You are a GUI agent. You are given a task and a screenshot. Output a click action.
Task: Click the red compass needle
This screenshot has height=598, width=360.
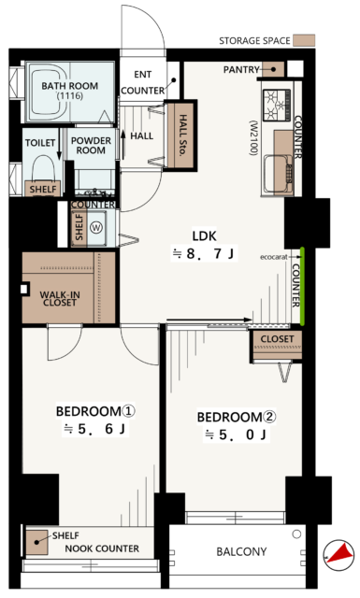point(340,553)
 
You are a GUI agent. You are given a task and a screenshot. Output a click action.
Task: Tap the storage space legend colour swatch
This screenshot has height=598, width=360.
point(304,40)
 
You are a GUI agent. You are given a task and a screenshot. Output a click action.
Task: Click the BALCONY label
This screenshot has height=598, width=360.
point(241,551)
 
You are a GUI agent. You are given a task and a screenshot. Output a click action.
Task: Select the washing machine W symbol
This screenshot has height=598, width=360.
point(95,228)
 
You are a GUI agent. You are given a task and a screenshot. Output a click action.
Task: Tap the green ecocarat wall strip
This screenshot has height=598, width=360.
point(302,287)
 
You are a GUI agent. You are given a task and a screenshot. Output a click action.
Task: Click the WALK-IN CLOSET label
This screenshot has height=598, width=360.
point(60,299)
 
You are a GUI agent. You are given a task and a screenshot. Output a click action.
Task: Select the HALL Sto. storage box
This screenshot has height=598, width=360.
point(180,135)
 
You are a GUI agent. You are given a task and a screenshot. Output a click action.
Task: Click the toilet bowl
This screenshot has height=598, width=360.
point(42,168)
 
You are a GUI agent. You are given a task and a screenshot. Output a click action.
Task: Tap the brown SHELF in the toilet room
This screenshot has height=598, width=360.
point(43,189)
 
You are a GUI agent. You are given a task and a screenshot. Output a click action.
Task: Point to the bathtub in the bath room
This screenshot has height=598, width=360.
point(50,92)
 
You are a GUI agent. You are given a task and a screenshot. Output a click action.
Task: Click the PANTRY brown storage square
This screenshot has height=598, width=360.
point(273,69)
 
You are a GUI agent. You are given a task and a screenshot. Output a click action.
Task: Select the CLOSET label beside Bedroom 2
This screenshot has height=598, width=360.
point(277,338)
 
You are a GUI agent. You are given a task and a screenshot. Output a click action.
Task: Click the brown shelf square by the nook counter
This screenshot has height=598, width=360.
point(37,542)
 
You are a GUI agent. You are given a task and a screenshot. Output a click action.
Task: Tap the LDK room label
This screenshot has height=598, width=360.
point(204,236)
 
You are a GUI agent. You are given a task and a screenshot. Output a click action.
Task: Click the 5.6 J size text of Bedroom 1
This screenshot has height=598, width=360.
point(95,429)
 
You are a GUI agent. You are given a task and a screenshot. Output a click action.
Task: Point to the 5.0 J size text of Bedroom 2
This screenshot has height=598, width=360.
point(237,434)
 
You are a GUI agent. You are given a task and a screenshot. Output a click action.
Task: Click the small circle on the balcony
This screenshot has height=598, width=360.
point(296,534)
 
